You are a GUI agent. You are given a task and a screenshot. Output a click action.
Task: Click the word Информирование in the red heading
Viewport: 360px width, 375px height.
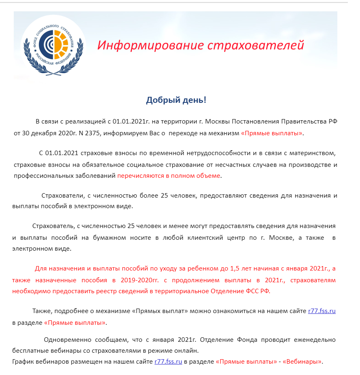click(x=150, y=45)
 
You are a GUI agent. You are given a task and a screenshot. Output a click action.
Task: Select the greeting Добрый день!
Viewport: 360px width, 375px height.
click(x=176, y=100)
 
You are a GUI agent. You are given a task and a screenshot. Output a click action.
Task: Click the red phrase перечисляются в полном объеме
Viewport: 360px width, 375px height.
click(x=169, y=176)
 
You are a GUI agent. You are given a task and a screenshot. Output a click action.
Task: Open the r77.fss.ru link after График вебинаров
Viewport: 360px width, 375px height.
click(x=168, y=361)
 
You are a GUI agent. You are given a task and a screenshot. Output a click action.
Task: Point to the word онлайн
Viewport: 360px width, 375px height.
click(x=188, y=350)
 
